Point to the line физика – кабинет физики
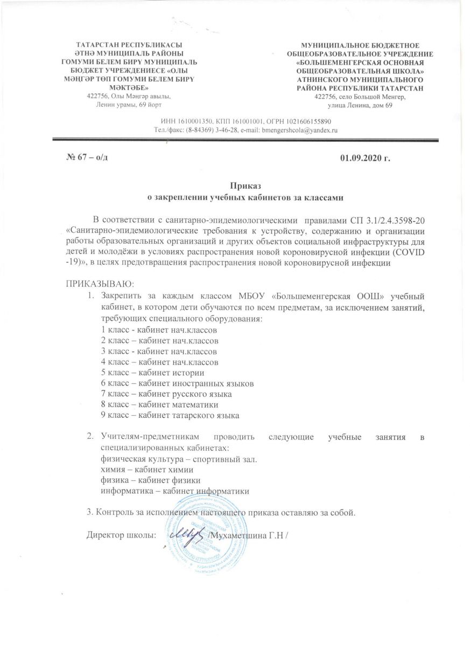click(143, 480)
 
